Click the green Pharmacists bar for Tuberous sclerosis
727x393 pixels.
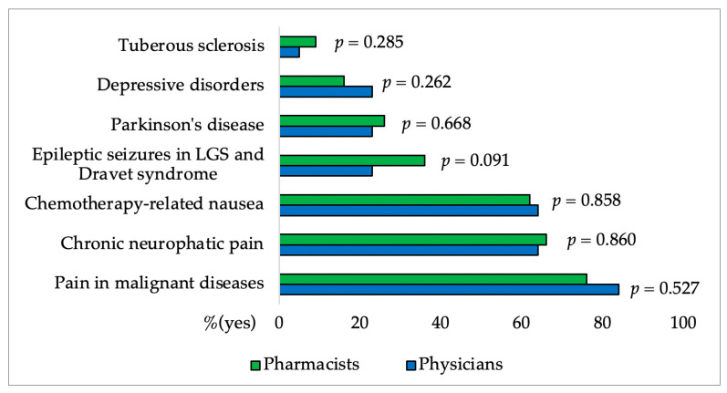point(297,41)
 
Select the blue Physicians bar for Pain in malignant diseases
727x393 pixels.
point(449,289)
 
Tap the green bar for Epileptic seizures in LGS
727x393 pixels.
point(351,160)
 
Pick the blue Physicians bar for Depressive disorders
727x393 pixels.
point(326,91)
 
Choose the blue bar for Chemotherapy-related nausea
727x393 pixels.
point(408,210)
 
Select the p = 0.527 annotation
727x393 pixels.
point(664,289)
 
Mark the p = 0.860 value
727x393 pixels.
point(601,240)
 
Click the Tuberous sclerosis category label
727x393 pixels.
point(192,46)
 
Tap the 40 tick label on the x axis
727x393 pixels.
point(441,322)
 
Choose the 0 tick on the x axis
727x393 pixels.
point(279,322)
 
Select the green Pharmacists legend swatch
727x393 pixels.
point(255,365)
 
